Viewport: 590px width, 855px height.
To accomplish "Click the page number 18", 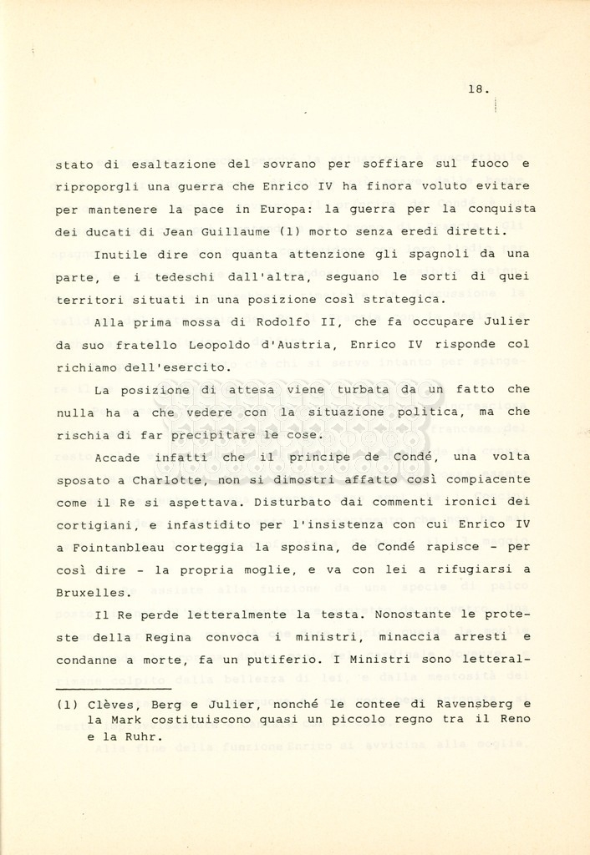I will pyautogui.click(x=477, y=90).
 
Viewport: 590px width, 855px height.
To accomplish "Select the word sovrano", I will pyautogui.click(x=296, y=164).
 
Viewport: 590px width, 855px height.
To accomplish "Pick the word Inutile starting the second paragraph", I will pyautogui.click(x=120, y=255).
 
